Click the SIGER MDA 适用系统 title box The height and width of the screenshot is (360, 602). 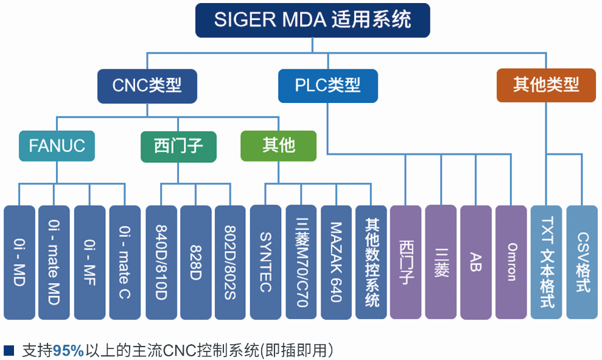click(x=312, y=19)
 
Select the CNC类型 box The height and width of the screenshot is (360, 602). click(x=147, y=85)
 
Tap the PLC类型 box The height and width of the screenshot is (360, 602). click(x=327, y=85)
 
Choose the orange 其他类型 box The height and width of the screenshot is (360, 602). click(x=546, y=85)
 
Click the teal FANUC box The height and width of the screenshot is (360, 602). click(x=57, y=146)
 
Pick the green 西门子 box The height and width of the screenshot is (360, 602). click(x=178, y=146)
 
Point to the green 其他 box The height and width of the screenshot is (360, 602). click(x=278, y=146)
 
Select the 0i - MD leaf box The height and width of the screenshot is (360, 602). click(x=19, y=263)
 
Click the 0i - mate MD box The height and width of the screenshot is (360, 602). click(x=54, y=263)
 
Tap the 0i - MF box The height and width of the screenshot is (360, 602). click(x=89, y=263)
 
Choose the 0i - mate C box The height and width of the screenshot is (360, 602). click(x=125, y=263)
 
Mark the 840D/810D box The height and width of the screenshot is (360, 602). click(x=161, y=263)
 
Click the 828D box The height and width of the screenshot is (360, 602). click(x=195, y=263)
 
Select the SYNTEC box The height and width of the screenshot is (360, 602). click(x=265, y=263)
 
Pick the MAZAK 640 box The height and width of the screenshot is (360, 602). click(x=336, y=263)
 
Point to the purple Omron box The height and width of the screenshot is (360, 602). click(x=511, y=263)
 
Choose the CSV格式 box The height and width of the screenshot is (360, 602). click(x=582, y=263)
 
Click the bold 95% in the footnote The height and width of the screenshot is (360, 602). click(x=68, y=351)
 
